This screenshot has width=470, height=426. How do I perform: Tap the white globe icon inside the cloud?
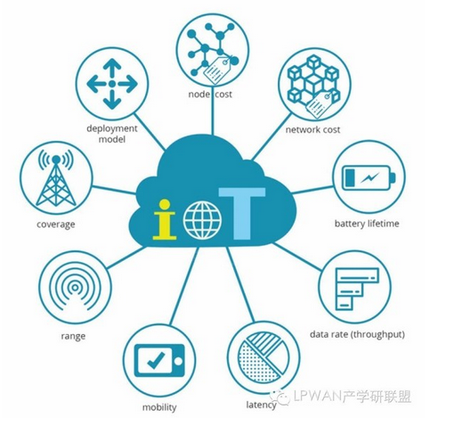click(203, 220)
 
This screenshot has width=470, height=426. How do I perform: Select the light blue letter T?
click(242, 213)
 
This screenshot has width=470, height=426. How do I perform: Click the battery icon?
click(369, 178)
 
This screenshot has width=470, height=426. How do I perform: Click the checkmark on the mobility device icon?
click(156, 360)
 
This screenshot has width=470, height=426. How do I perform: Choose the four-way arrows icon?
click(112, 84)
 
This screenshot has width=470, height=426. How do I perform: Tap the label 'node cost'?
click(210, 94)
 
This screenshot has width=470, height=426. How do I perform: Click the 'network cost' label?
click(312, 130)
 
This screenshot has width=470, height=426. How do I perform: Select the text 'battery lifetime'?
click(367, 224)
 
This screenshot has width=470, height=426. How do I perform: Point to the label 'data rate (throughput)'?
click(357, 334)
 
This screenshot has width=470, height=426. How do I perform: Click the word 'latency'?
click(261, 405)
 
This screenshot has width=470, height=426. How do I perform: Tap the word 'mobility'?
click(159, 407)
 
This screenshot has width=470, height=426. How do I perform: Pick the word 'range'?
click(73, 336)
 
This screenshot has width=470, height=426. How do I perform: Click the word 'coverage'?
click(56, 225)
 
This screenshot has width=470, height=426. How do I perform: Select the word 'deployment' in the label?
click(112, 129)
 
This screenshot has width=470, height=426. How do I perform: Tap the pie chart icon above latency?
click(263, 357)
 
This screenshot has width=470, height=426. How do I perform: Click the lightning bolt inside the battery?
click(370, 178)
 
